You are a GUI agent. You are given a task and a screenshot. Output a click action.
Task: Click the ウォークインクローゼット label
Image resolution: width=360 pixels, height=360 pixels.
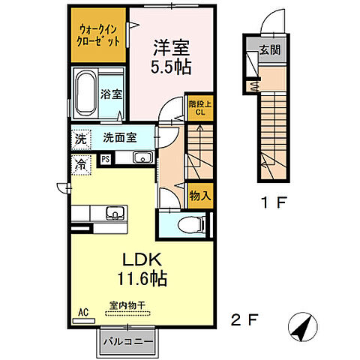pos(99,35)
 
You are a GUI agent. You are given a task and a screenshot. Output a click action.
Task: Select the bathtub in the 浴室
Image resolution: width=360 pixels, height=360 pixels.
pos(88,91)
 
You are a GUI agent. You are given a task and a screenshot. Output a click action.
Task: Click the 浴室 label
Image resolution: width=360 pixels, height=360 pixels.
pos(115,95)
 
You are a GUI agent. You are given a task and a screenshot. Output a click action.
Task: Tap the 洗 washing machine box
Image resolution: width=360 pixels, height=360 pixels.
pos(80,139)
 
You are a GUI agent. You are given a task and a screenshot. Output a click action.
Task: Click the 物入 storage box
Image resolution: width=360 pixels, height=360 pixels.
pos(198,195)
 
